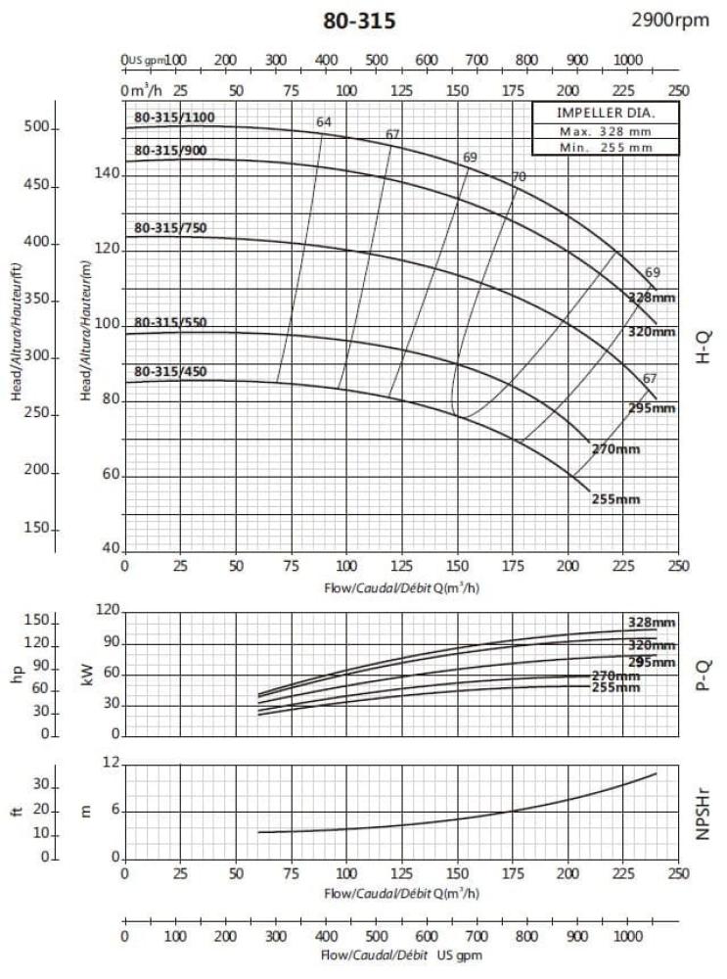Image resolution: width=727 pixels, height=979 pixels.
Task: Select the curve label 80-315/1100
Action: point(173,118)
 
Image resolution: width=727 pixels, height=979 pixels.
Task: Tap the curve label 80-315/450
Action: point(170,372)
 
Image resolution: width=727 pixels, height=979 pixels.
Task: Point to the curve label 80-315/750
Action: point(170,228)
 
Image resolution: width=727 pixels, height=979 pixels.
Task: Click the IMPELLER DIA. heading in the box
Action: point(605,113)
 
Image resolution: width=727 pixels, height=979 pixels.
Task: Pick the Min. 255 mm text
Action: point(605,147)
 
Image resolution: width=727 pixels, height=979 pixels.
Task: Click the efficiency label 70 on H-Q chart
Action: point(519,177)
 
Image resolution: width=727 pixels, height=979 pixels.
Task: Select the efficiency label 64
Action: point(324,122)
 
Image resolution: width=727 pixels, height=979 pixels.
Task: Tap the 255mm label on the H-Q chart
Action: point(615,500)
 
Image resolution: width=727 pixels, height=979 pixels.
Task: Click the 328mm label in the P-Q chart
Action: point(652,623)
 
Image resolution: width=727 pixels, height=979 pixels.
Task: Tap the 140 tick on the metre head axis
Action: point(109,174)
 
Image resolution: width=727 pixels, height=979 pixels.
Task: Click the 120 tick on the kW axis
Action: point(108,611)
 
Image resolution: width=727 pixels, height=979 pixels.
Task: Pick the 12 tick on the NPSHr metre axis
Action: point(112,763)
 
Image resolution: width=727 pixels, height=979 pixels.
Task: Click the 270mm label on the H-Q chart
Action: point(615,449)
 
